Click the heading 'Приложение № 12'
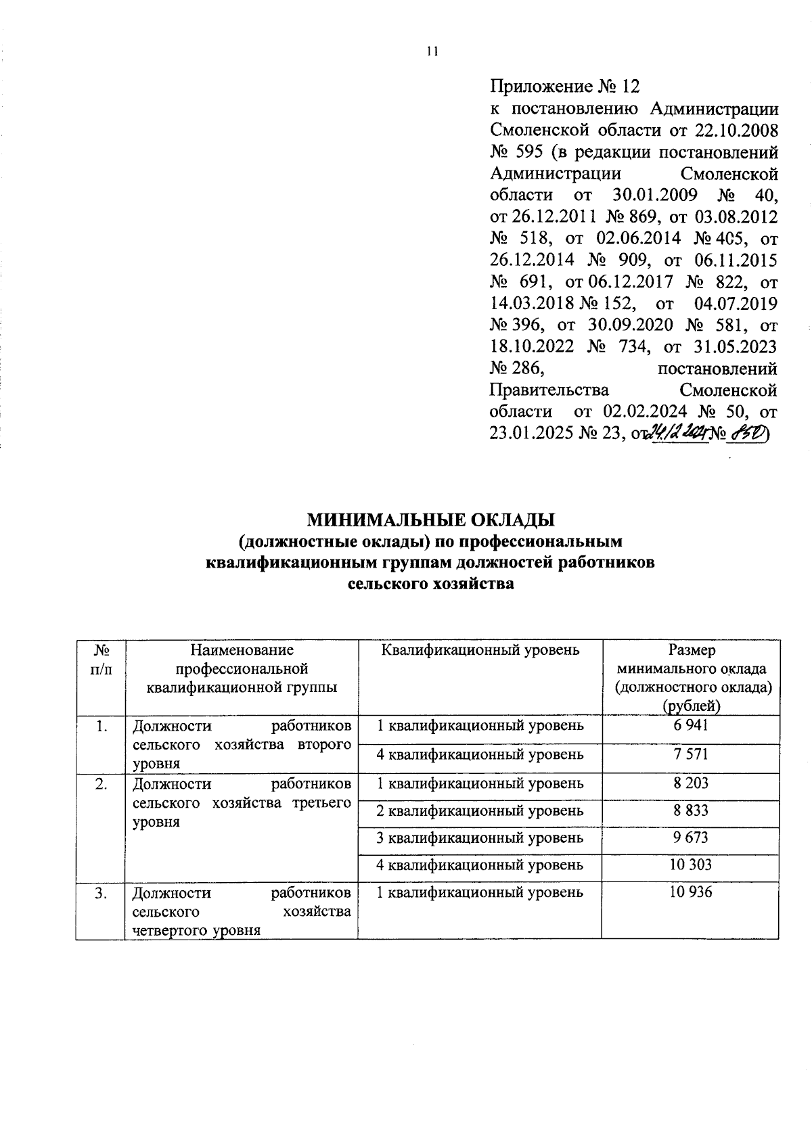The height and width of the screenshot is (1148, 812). coord(564,87)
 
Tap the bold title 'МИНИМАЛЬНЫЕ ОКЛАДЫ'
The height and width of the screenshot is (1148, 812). coord(431,520)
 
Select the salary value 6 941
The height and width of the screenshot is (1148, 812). coord(690,725)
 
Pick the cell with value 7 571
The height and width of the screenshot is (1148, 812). coord(690,754)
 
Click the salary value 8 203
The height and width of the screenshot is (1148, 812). coord(690,783)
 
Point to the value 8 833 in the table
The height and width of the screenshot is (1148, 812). coord(690,810)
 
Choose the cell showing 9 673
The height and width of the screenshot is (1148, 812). coord(690,837)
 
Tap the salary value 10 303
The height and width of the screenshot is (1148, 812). coord(690,865)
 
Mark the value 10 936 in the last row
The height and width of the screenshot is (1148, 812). coord(690,892)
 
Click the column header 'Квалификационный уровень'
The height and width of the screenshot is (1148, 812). coord(480,651)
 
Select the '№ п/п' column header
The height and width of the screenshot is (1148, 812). coord(101,660)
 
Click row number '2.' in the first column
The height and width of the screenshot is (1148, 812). coord(101,784)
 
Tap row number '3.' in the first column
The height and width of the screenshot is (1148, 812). coord(101,893)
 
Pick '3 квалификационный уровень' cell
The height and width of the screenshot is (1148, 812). coord(480,837)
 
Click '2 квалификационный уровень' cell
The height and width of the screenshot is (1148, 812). coord(480,810)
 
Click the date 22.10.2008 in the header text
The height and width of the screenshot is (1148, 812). coord(734,130)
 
